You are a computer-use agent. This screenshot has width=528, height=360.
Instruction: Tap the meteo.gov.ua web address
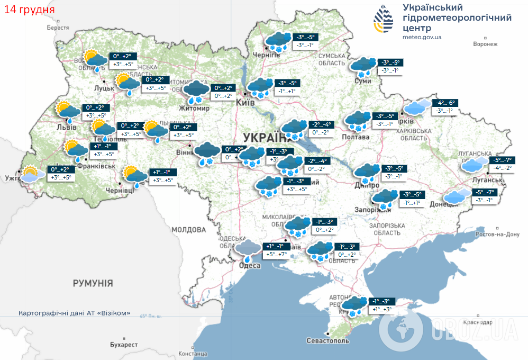pos(422,37)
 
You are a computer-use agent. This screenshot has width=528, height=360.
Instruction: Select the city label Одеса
pos(250,265)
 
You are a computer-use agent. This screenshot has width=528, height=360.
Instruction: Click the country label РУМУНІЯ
pos(93,283)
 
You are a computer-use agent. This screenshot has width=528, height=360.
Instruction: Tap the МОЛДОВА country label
pos(188,230)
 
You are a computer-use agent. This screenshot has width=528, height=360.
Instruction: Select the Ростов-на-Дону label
pos(498,234)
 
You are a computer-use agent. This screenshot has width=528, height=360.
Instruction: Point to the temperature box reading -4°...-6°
pos(444,103)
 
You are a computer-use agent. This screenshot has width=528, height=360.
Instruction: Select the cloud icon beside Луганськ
pos(474,165)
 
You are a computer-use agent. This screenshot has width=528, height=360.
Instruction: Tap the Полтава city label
pos(357,137)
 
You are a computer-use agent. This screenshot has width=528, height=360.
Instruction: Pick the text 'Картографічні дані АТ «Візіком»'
pos(74,313)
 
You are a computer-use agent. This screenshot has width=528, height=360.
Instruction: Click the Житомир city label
pos(195,108)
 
